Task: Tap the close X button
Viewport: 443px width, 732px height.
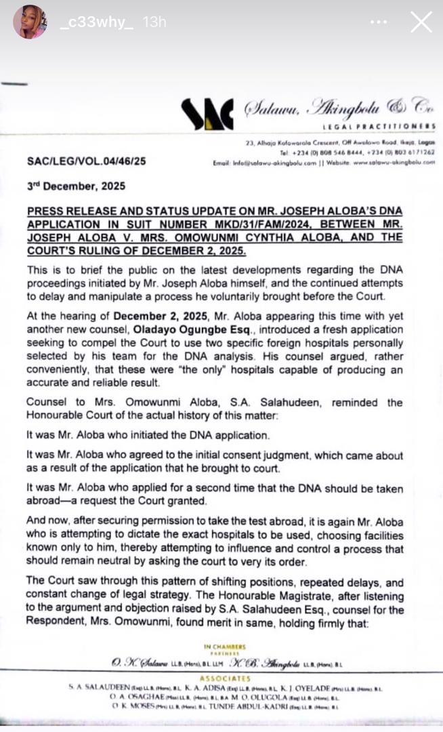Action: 421,22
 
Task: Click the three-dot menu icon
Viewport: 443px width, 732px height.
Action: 378,22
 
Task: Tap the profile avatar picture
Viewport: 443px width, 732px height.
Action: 30,22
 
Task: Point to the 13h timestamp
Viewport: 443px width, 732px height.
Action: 154,22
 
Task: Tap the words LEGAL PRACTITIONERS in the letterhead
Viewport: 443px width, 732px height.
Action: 379,127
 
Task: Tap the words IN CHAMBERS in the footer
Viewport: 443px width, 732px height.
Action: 228,647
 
